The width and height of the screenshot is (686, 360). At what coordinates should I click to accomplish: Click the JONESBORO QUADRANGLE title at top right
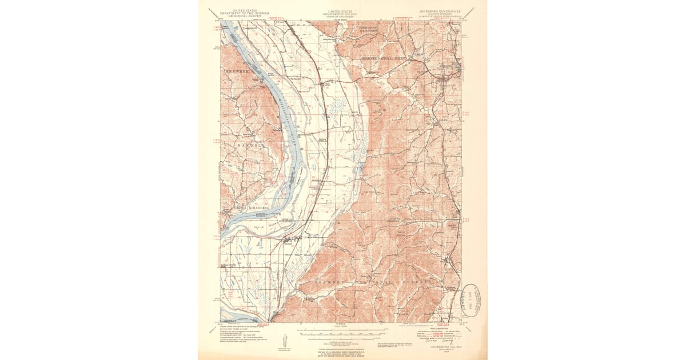[x=442, y=10]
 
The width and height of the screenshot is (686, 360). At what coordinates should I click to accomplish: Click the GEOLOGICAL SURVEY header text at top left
[x=240, y=17]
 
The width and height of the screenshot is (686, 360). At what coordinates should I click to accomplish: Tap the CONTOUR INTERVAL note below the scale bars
[x=341, y=341]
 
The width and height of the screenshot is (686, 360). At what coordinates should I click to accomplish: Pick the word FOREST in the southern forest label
[x=416, y=282]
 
